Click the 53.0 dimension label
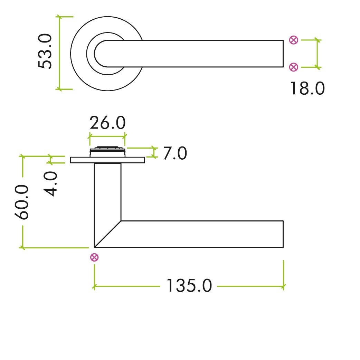pos(45,52)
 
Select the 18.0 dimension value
pos(307,88)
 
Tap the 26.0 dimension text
pos(107,123)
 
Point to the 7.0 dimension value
pos(174,153)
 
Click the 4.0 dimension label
pos(52,184)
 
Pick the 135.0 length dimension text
pos(189,286)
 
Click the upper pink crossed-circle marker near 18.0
pos(293,40)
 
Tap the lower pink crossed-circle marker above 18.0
pos(293,67)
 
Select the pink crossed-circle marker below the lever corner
pos(94,257)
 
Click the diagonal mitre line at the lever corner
pos(108,234)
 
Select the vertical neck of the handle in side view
pos(107,190)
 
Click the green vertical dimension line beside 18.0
pos(318,54)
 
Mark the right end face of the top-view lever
pos(283,54)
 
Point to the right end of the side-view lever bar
pos(283,234)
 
